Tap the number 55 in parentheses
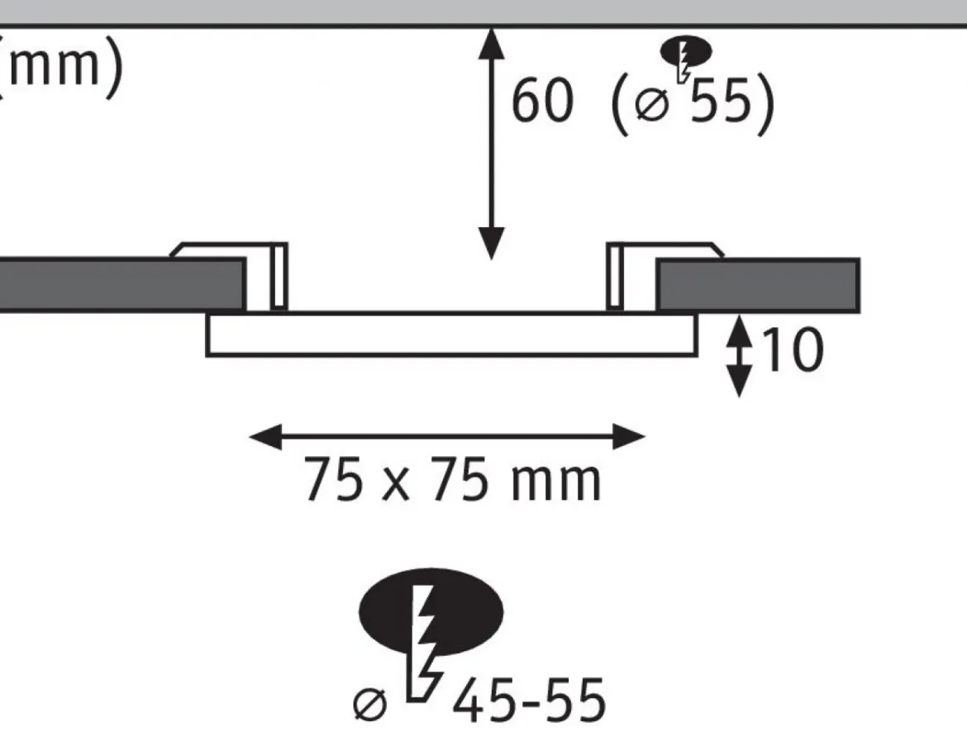click(x=721, y=101)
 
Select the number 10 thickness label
click(x=793, y=349)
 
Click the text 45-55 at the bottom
click(x=529, y=701)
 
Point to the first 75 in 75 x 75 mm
click(x=333, y=479)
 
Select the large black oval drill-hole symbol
click(x=431, y=611)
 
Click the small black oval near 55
click(x=686, y=51)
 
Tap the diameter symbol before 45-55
click(x=370, y=705)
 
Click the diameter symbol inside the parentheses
click(x=652, y=105)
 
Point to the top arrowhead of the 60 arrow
click(x=492, y=42)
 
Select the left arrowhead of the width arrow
click(x=266, y=436)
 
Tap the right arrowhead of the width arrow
click(x=629, y=436)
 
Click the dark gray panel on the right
click(x=757, y=285)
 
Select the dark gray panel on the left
click(x=122, y=285)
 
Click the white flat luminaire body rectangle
click(x=452, y=335)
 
